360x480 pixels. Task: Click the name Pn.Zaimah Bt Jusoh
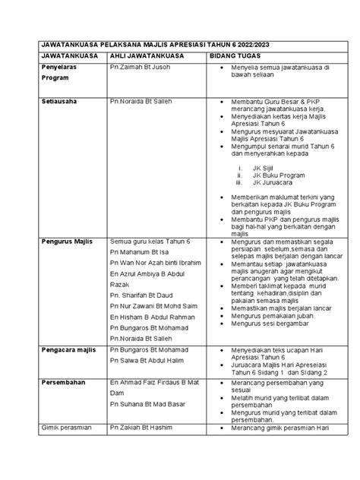pyautogui.click(x=142, y=68)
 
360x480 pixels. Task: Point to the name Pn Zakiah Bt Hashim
pyautogui.click(x=146, y=428)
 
